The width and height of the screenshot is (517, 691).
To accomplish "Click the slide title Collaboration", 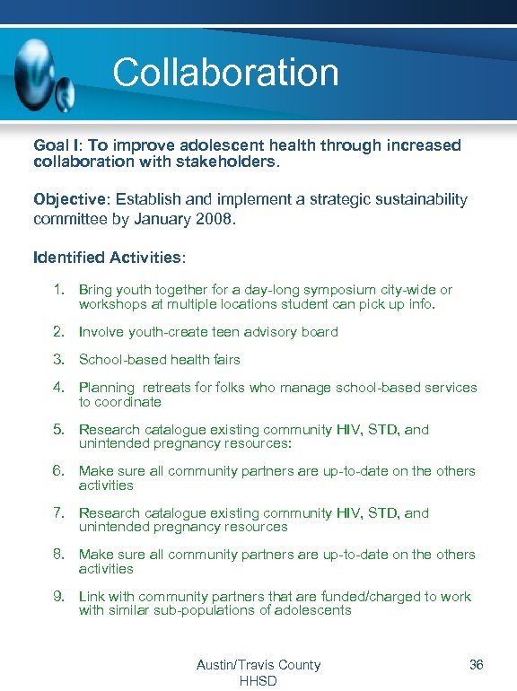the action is click(x=225, y=73).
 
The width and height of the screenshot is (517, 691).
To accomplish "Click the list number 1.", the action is click(x=57, y=290).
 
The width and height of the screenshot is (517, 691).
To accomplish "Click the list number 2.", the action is click(x=57, y=332).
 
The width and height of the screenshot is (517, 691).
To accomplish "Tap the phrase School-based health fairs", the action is click(x=160, y=360).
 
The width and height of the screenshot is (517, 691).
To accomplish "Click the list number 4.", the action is click(x=57, y=388).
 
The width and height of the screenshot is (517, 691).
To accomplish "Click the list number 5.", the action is click(x=57, y=430).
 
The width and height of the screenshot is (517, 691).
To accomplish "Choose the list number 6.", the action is click(x=57, y=471).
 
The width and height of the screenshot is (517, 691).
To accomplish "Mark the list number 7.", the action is click(x=57, y=513).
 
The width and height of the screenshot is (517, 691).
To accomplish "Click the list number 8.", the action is click(x=57, y=555).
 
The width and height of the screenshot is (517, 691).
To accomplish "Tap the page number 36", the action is click(x=477, y=665).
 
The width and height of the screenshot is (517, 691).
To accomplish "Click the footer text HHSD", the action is click(x=258, y=681).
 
